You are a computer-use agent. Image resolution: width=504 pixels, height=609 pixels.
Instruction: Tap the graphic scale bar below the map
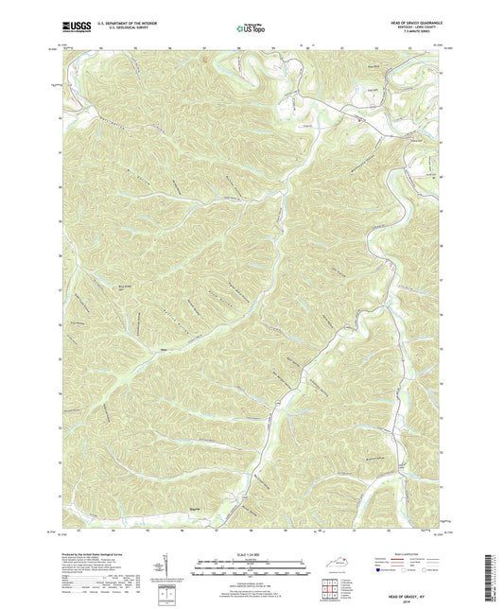pos(252,567)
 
